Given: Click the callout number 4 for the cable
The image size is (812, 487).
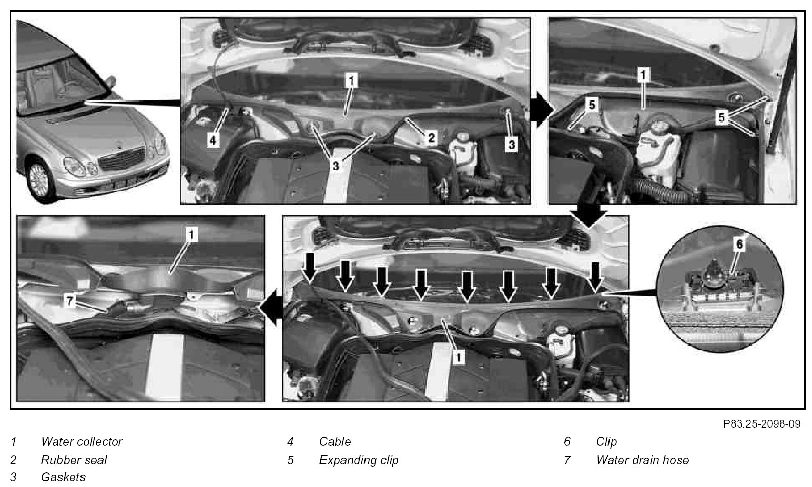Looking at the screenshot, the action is pyautogui.click(x=213, y=140).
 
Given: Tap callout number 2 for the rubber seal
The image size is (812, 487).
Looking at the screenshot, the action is pyautogui.click(x=431, y=138).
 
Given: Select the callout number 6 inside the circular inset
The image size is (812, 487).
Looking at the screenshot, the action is pyautogui.click(x=740, y=244).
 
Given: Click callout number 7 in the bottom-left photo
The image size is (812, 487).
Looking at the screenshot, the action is pyautogui.click(x=70, y=301).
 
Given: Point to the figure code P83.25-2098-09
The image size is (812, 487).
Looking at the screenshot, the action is pyautogui.click(x=762, y=424).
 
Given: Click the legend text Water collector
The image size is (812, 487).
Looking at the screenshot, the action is pyautogui.click(x=82, y=442).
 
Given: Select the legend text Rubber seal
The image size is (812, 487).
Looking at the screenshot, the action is pyautogui.click(x=74, y=460).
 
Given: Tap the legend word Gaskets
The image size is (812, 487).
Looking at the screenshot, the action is pyautogui.click(x=63, y=477).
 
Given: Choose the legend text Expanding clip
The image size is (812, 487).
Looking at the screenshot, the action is pyautogui.click(x=358, y=460).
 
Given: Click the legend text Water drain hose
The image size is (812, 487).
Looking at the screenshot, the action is pyautogui.click(x=642, y=460).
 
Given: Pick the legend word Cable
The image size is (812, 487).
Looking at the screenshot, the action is pyautogui.click(x=335, y=442).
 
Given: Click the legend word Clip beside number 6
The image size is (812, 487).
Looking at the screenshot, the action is pyautogui.click(x=606, y=442).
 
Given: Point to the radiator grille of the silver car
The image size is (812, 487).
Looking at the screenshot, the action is pyautogui.click(x=122, y=159).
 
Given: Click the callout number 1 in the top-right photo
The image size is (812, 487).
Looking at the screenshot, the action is pyautogui.click(x=643, y=75).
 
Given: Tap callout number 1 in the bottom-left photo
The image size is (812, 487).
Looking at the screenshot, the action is pyautogui.click(x=191, y=235).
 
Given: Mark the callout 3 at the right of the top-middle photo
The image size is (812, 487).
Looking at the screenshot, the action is pyautogui.click(x=511, y=145).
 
